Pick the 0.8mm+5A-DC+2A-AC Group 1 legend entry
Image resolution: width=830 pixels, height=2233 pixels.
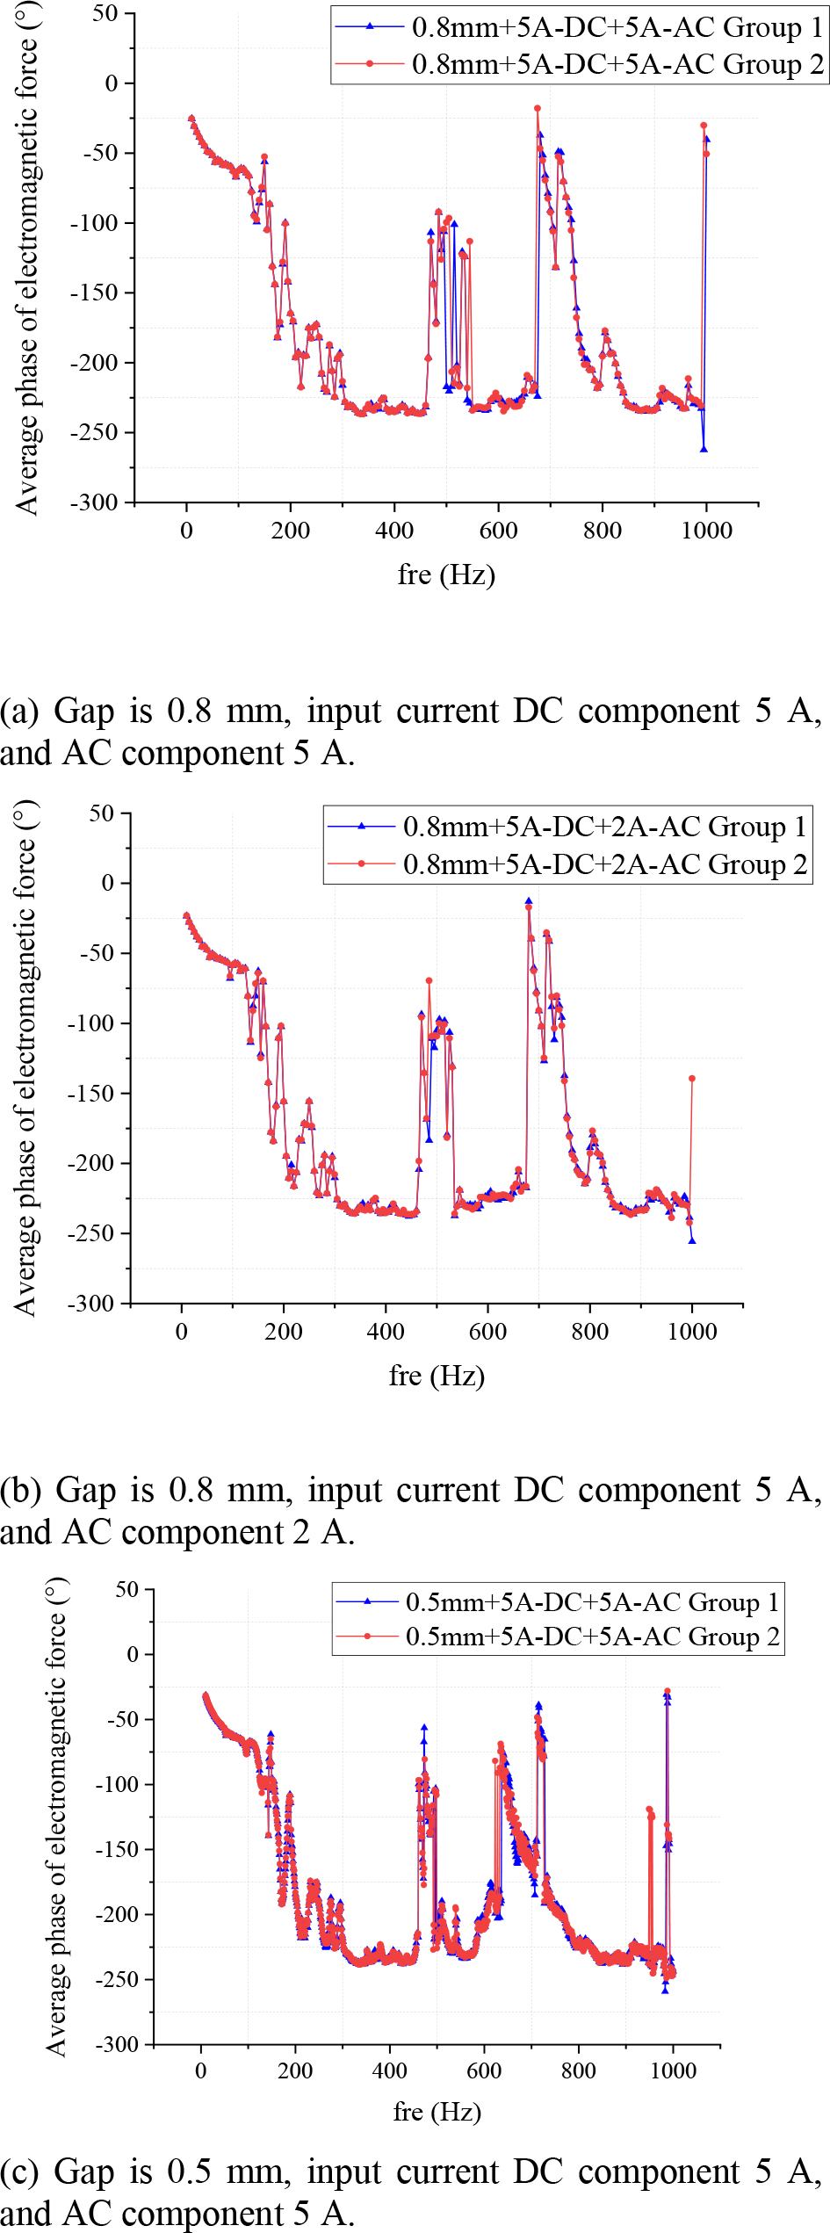[604, 827]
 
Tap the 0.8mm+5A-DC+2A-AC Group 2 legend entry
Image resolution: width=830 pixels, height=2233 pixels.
[604, 864]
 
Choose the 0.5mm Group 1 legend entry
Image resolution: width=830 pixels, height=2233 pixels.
[592, 1601]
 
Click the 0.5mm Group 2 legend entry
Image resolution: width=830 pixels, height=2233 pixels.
[592, 1636]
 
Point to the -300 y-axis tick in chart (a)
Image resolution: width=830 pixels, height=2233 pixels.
[94, 502]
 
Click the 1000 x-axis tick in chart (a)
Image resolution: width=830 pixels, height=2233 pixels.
[706, 531]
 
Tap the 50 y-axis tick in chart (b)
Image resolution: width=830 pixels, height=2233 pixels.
[102, 813]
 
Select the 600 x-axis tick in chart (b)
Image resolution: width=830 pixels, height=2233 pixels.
[487, 1332]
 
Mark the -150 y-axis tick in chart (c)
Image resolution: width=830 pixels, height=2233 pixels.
[117, 1849]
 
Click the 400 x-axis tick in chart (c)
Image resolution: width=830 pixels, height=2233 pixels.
[389, 2070]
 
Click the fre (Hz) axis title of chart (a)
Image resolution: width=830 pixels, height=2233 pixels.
[446, 575]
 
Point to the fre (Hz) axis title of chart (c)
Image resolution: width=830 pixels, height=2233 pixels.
[437, 2111]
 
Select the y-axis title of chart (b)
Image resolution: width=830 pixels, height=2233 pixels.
[25, 1058]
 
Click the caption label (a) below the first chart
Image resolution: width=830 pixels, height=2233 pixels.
[18, 712]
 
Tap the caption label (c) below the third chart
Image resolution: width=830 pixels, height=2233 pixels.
[18, 2172]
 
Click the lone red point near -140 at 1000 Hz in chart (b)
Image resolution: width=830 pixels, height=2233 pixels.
[692, 1079]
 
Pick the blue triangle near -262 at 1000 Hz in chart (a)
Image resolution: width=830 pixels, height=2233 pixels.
[704, 449]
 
